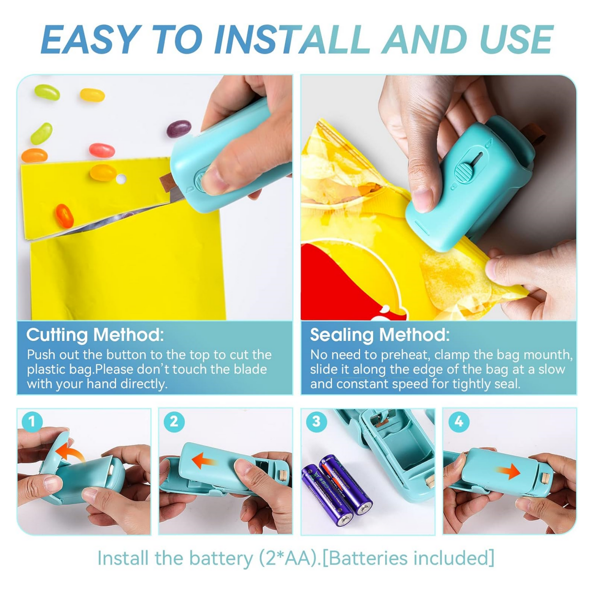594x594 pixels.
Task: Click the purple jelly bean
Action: tap(179, 128)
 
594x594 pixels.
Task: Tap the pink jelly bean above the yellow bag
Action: tap(102, 150)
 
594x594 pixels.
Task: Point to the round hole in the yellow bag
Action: tap(121, 179)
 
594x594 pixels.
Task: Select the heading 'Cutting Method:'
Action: tap(95, 335)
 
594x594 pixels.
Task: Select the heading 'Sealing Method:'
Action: tap(379, 335)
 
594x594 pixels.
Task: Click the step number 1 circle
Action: tap(32, 422)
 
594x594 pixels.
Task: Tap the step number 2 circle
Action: tap(174, 422)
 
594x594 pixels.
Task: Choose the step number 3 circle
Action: tap(316, 422)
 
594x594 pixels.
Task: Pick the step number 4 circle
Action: tap(458, 422)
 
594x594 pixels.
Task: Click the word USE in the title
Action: tap(516, 40)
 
